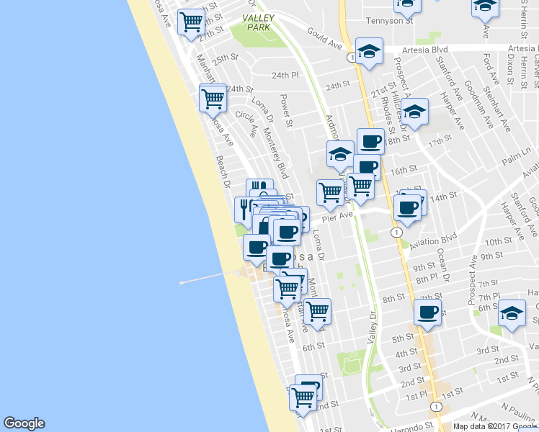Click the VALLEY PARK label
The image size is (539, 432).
coord(257,22)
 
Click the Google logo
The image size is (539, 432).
coord(24,423)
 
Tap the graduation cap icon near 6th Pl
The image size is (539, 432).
coord(512,313)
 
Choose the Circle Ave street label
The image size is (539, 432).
coord(246,124)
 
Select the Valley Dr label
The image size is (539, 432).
coord(373,323)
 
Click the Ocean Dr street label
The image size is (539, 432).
coord(442,265)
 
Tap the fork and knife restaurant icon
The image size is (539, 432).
coord(245,209)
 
